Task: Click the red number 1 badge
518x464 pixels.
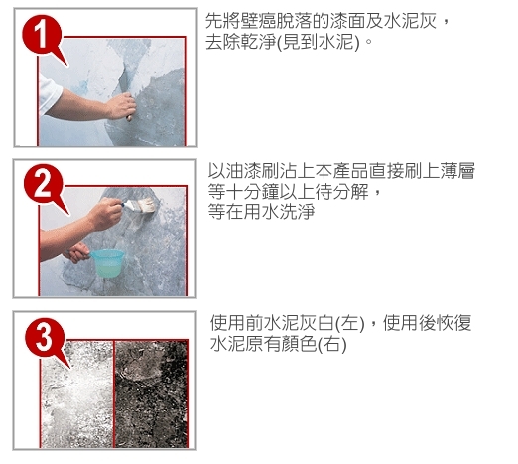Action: pos(42,35)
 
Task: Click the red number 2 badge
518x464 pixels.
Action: pos(44,184)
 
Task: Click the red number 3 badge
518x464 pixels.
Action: pos(45,338)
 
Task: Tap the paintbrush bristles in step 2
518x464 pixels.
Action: pos(147,206)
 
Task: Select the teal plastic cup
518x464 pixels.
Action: pos(107,263)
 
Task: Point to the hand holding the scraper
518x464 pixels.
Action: pos(121,106)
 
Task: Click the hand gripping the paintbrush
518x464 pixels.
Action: pos(106,212)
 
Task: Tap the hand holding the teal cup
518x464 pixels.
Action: pos(77,252)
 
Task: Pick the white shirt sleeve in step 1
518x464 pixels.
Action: pos(49,94)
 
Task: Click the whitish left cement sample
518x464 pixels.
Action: pos(76,393)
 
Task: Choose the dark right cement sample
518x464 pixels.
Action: pos(151,393)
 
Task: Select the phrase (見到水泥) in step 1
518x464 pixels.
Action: pos(318,42)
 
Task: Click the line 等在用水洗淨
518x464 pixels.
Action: pos(261,212)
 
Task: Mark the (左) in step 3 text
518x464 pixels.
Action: pos(350,323)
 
